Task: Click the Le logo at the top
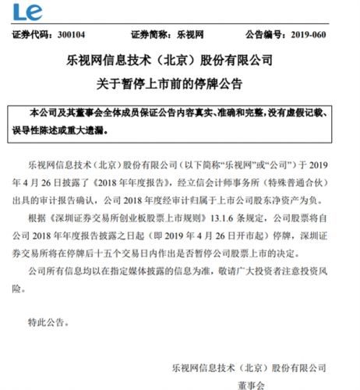23,12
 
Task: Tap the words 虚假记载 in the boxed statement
316,115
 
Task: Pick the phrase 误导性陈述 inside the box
53,130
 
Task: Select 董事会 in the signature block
247,382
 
